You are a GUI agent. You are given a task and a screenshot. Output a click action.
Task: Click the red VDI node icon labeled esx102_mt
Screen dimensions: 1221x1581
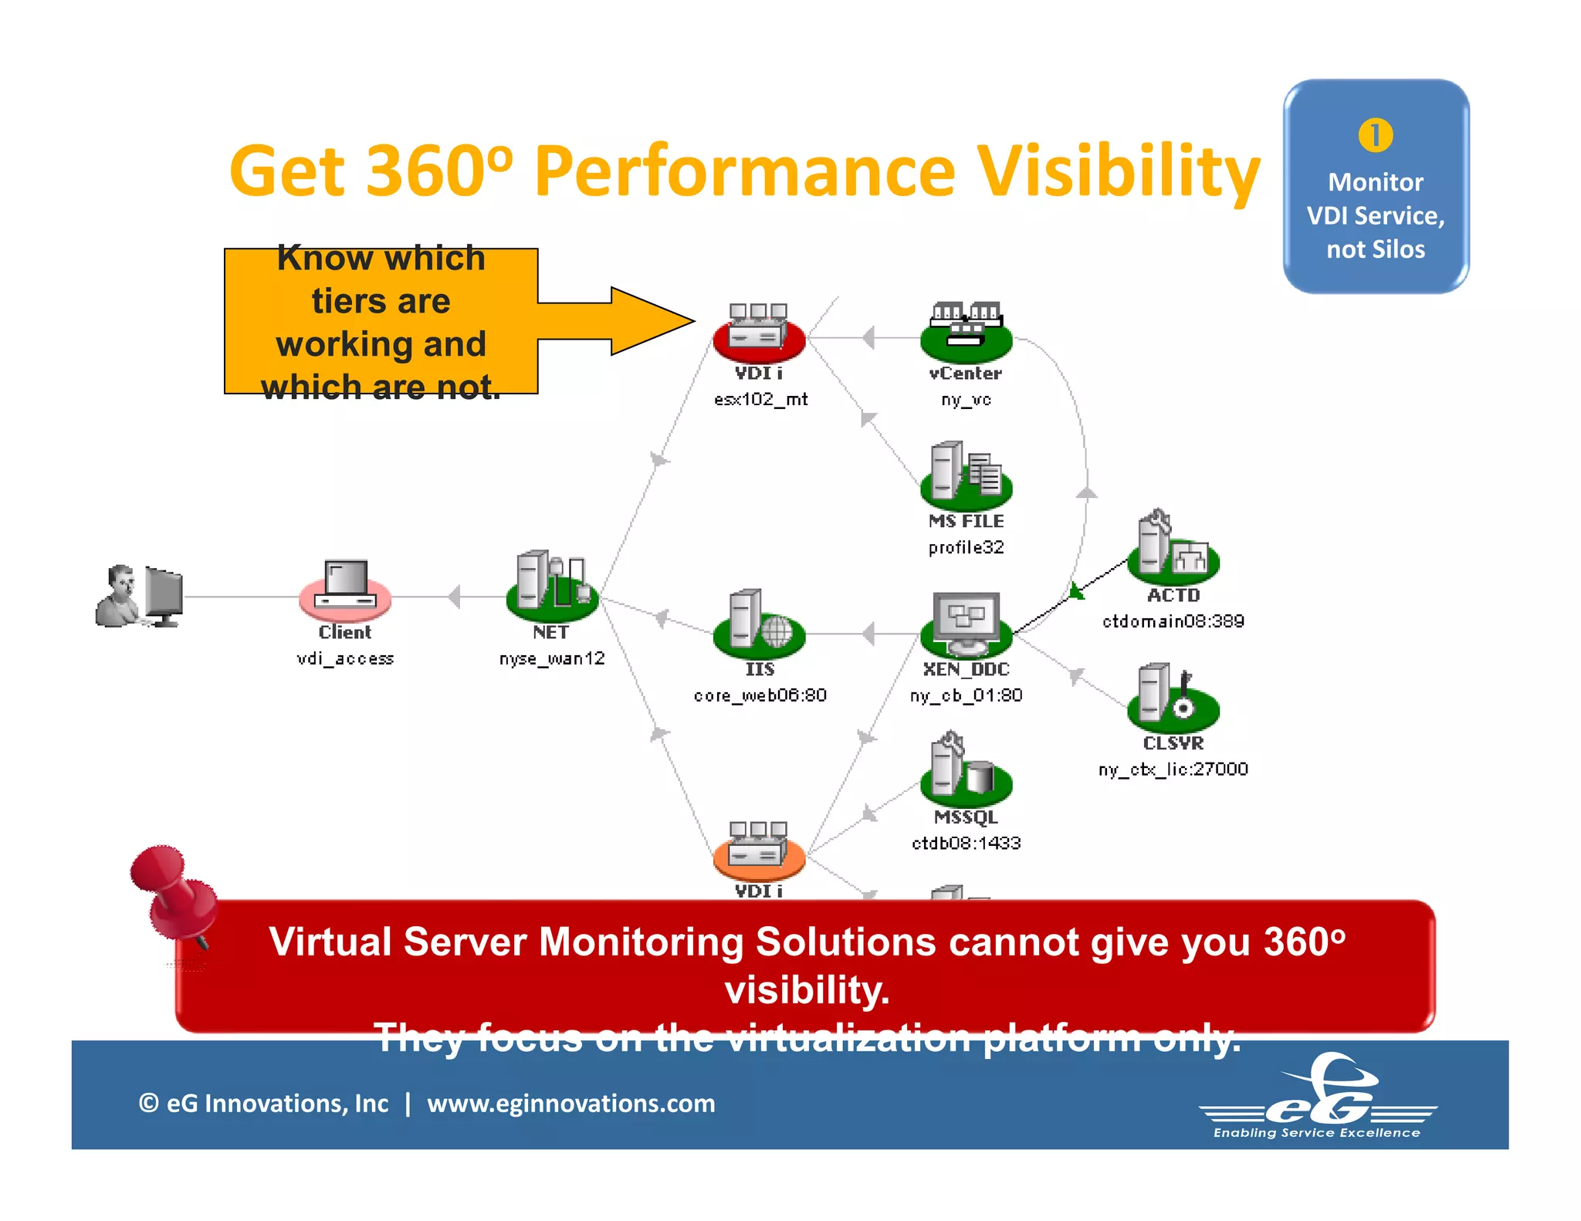click(x=759, y=333)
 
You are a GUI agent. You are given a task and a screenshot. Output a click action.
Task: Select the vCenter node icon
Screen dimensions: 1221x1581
click(x=966, y=333)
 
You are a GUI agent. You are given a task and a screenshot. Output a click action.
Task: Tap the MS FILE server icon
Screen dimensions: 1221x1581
click(x=966, y=475)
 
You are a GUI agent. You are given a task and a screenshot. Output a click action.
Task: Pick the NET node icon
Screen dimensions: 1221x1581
click(x=552, y=587)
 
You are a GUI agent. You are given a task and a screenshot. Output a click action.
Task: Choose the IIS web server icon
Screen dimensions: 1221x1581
click(x=759, y=624)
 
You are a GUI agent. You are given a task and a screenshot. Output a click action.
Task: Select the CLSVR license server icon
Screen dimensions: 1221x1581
click(x=1173, y=698)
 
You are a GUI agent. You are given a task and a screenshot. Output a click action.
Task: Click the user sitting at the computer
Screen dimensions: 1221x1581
click(x=139, y=596)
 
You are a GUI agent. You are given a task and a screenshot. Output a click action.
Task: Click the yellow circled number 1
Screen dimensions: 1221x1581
click(x=1376, y=135)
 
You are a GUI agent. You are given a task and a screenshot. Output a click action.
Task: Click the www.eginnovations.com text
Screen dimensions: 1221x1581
click(x=570, y=1104)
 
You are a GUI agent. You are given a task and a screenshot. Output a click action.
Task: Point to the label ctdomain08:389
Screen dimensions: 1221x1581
click(x=1173, y=621)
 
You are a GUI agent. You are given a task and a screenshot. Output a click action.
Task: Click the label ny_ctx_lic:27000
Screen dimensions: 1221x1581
click(x=1173, y=769)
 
